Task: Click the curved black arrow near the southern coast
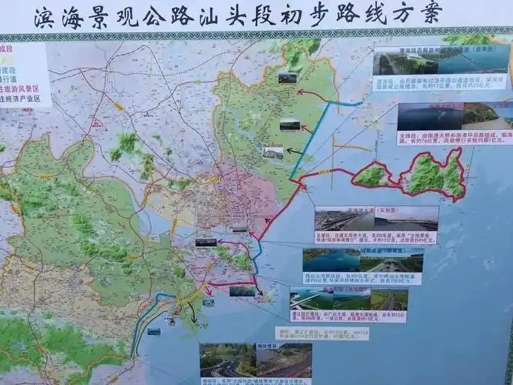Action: (x=190, y=310)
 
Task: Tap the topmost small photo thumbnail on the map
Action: (x=287, y=77)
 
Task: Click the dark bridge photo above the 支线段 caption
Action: (x=430, y=116)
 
